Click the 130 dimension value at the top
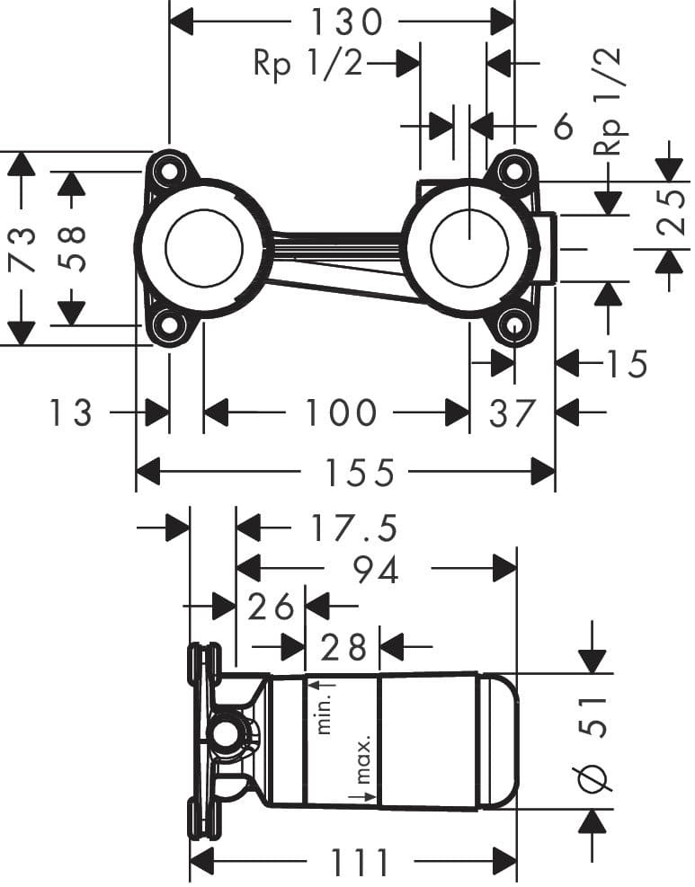coord(347,20)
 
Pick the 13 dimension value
coord(70,413)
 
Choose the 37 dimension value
coord(512,413)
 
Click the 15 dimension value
coord(626,364)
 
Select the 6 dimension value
coord(563,127)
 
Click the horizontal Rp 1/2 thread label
coord(307,64)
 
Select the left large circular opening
coord(204,249)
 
